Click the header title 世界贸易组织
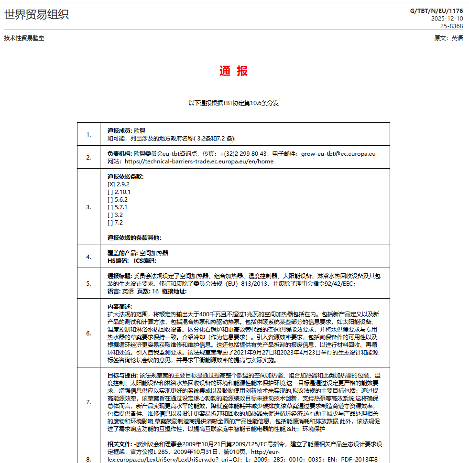click(x=36, y=15)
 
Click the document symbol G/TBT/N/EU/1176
click(x=436, y=11)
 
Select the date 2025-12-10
click(x=447, y=19)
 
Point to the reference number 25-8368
click(x=451, y=26)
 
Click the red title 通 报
click(x=234, y=71)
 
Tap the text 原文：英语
click(x=448, y=38)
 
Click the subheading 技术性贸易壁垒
click(x=24, y=38)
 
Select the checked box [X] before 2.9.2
click(x=111, y=184)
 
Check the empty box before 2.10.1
click(x=110, y=192)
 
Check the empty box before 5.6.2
click(x=110, y=199)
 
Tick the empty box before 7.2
click(x=110, y=222)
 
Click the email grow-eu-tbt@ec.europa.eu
click(x=338, y=154)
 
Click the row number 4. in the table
click(x=89, y=257)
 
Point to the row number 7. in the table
click(x=89, y=402)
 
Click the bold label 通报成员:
click(x=120, y=130)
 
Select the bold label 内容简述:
click(x=120, y=306)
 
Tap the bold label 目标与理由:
click(x=122, y=375)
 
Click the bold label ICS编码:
click(x=145, y=260)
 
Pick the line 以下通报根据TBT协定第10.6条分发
click(x=234, y=103)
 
